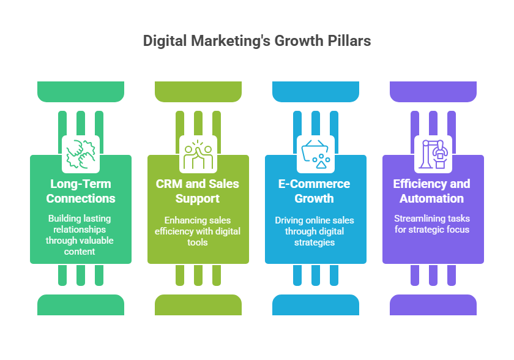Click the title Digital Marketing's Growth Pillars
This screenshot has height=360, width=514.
coord(256,41)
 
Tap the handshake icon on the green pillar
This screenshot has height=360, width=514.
coord(81,153)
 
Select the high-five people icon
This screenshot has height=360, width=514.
coord(198,153)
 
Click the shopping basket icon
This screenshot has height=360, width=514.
coord(316,153)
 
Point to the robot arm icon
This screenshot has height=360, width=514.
coord(433,153)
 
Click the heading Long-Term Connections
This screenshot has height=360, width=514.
coord(81,191)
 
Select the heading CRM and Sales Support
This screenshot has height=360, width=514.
coord(198,191)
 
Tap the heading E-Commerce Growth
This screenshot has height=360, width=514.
coord(316,191)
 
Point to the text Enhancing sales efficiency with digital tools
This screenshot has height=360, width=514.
coord(198,231)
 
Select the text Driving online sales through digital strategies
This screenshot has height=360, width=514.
coord(316,231)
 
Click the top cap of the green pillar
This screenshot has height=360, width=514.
coord(81,91)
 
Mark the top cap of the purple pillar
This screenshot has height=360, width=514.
coord(433,91)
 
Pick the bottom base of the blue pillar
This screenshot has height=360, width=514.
coord(316,304)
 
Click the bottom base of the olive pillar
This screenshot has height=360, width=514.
coord(198,304)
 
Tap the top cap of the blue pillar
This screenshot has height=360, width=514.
coord(316,91)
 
